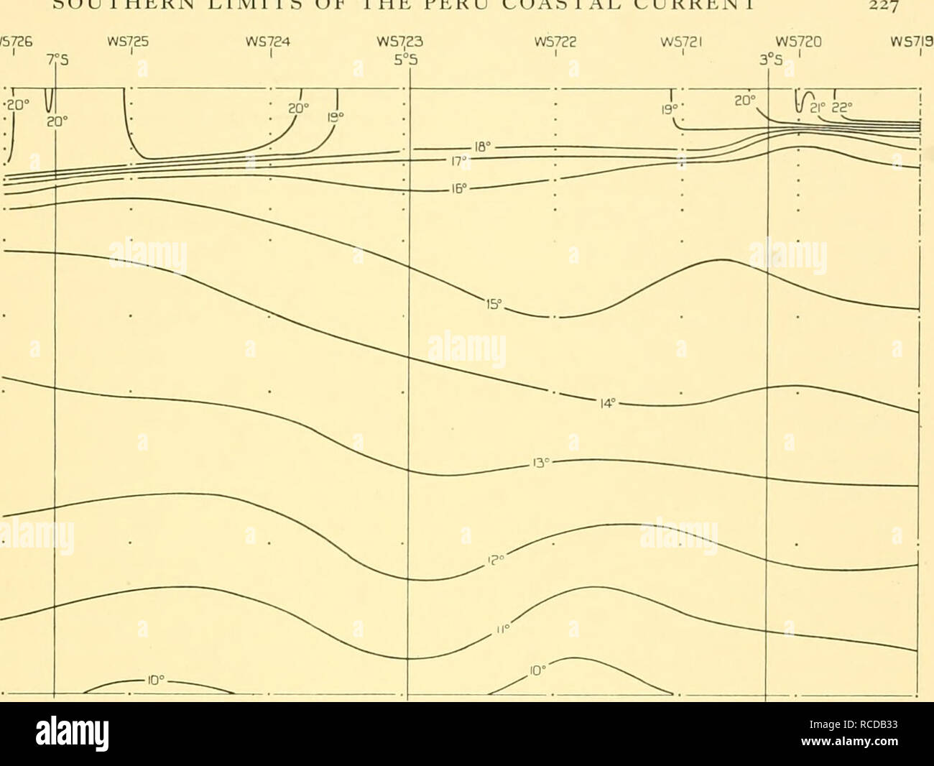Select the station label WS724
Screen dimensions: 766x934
click(270, 42)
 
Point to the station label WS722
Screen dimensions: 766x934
click(555, 42)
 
